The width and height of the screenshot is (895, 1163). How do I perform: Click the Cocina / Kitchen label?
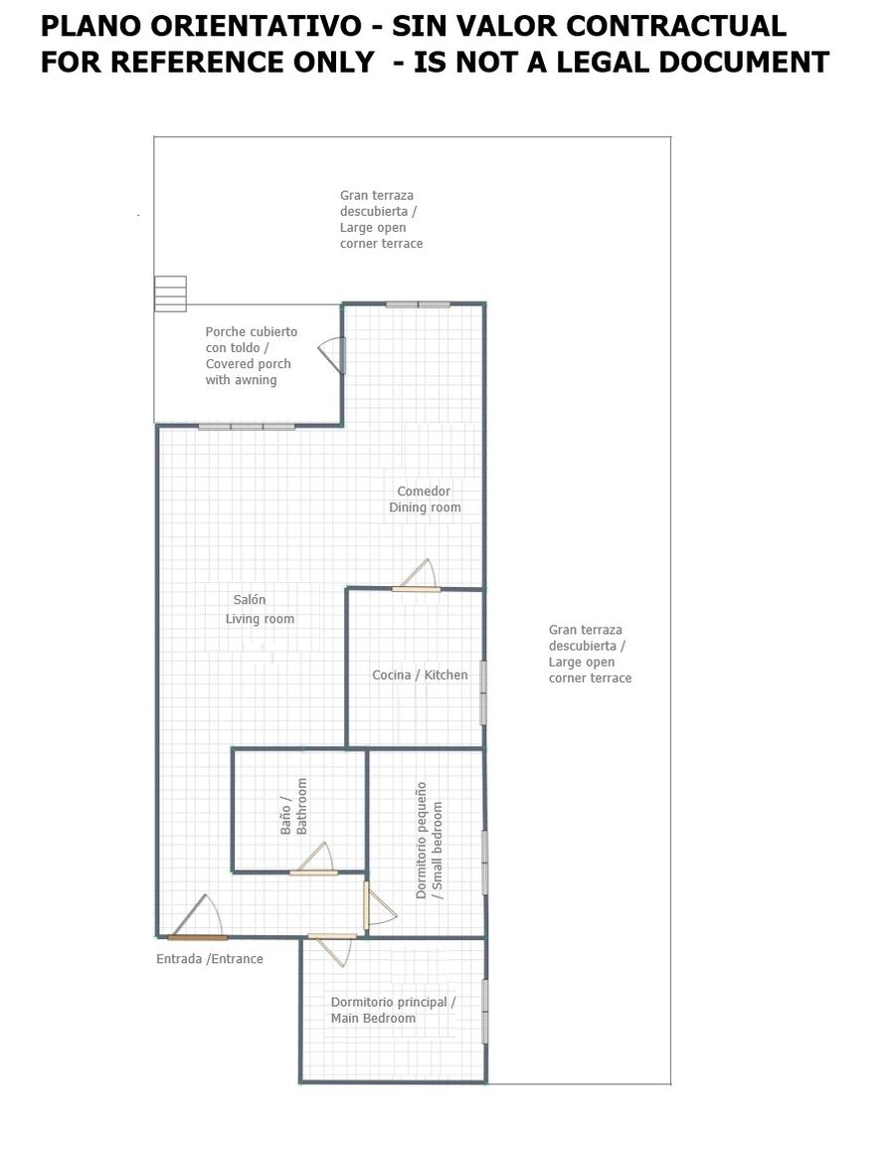click(x=420, y=675)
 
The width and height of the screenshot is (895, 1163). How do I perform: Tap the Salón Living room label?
click(x=260, y=609)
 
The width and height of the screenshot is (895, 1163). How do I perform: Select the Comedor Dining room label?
click(x=425, y=499)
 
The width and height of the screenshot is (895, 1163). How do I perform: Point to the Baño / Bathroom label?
click(x=293, y=806)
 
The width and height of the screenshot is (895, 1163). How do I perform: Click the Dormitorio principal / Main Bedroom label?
click(x=393, y=1010)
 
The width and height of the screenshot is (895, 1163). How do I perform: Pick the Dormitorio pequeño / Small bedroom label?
click(x=430, y=841)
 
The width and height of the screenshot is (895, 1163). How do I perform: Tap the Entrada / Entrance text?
click(x=210, y=959)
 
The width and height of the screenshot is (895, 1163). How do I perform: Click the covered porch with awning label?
click(x=252, y=356)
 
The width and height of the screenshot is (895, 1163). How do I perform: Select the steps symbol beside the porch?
click(x=170, y=293)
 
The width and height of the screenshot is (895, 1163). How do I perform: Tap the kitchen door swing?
click(x=417, y=576)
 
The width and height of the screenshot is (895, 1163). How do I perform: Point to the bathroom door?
click(x=313, y=859)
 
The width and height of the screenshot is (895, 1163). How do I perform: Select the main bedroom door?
click(x=331, y=950)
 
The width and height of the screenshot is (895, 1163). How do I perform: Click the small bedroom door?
click(x=379, y=904)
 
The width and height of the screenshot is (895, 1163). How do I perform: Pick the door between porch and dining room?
click(x=333, y=355)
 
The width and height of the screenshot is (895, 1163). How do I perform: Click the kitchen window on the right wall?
click(x=483, y=692)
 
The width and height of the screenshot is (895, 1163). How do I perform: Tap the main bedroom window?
click(x=485, y=1012)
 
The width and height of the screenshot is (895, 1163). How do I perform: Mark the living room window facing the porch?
click(x=247, y=427)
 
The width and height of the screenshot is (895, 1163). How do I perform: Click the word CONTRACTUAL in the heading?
click(x=676, y=26)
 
